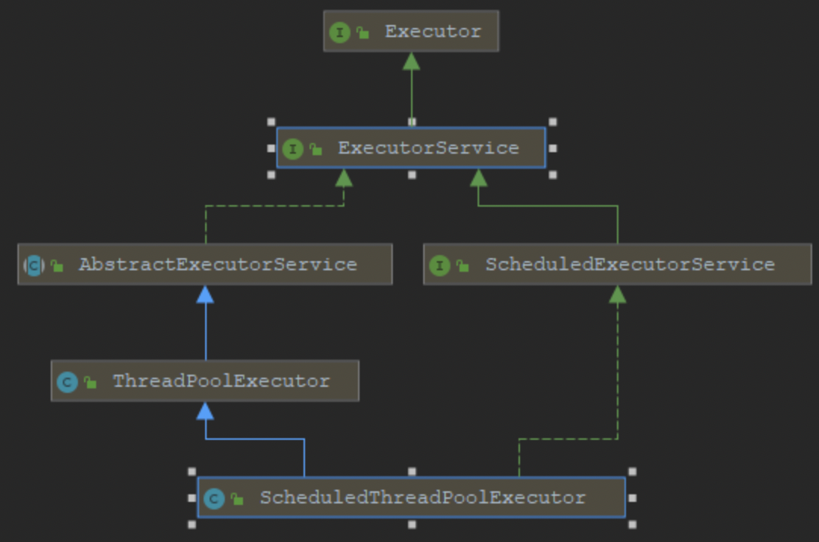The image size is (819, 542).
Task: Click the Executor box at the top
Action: click(411, 31)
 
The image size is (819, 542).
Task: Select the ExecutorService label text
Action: click(428, 148)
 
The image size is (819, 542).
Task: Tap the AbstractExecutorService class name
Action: click(217, 264)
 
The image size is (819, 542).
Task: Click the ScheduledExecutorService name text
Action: click(630, 264)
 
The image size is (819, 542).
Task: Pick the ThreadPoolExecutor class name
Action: click(221, 381)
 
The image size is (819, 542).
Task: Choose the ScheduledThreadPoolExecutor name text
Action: click(422, 497)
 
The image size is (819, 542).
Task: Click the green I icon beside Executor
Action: click(340, 32)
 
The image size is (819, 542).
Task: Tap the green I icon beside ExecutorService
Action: click(293, 148)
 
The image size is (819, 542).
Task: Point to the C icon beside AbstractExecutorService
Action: click(34, 265)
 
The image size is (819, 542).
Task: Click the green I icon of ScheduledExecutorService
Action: click(440, 265)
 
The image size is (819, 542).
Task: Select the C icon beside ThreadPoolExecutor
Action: click(67, 382)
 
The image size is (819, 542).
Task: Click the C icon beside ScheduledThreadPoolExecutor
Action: click(214, 498)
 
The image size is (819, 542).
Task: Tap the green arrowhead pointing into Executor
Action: click(411, 61)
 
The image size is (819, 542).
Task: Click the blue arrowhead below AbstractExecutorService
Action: click(205, 294)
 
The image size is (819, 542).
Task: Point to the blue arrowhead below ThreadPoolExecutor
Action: click(205, 411)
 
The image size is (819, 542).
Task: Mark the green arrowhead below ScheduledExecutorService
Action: click(618, 294)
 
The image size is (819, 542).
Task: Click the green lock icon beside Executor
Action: click(363, 33)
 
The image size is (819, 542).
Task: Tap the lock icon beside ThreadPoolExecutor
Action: click(91, 382)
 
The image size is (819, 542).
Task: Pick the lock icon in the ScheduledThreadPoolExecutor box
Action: click(238, 499)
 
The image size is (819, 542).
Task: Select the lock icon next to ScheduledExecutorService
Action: click(462, 266)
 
